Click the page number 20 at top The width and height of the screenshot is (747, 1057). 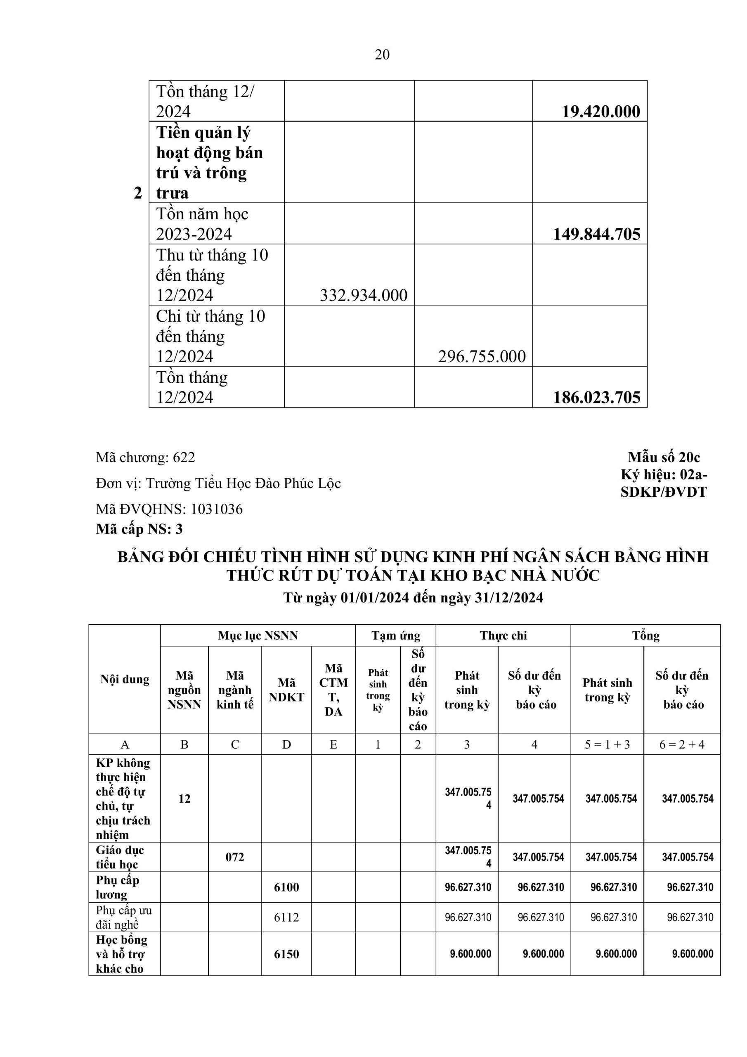[382, 55]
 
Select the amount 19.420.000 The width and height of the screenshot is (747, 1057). [600, 111]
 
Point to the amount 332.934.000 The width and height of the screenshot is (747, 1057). [364, 295]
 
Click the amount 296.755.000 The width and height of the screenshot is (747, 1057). [482, 356]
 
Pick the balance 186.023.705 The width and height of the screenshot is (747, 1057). [596, 397]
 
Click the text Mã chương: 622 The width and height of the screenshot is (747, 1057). [145, 457]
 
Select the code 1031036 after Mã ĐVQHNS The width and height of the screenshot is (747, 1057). [217, 509]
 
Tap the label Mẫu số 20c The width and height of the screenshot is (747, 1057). [664, 457]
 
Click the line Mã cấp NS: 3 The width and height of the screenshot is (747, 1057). [139, 529]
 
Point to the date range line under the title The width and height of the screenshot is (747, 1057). [413, 597]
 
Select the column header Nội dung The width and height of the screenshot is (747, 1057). [125, 680]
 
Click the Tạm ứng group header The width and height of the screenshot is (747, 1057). [396, 636]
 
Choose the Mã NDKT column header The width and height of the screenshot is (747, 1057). [286, 690]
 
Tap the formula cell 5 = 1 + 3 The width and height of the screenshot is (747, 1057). [607, 744]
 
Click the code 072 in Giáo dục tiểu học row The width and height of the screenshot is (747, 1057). [235, 857]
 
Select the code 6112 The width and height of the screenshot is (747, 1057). [286, 917]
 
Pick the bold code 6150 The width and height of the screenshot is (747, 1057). [286, 954]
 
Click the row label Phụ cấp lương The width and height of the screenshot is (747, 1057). [118, 887]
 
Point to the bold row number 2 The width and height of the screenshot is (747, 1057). [137, 193]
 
